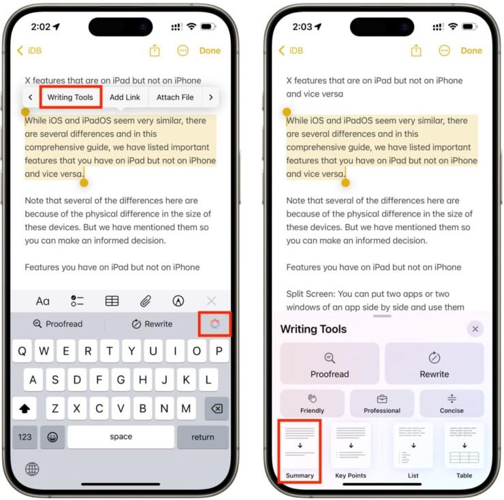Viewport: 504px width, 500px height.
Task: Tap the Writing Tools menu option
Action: click(x=70, y=97)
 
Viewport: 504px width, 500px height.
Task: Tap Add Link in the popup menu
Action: click(x=125, y=97)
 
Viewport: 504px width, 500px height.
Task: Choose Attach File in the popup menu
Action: click(x=175, y=97)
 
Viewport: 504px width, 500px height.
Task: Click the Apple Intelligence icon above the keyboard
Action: click(x=215, y=324)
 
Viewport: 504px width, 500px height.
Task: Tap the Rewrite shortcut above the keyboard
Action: click(x=153, y=324)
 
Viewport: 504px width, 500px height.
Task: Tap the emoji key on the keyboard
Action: click(x=52, y=437)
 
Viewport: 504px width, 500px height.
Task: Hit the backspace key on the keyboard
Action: click(x=217, y=408)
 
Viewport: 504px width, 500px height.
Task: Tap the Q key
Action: click(x=23, y=351)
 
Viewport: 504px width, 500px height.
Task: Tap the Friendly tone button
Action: click(x=313, y=403)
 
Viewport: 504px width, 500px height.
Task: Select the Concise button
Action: click(x=452, y=403)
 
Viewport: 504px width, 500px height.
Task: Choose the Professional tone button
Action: click(x=382, y=403)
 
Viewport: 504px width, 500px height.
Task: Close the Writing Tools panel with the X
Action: click(x=475, y=329)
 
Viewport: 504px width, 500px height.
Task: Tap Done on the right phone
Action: click(x=471, y=50)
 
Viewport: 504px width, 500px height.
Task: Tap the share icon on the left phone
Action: click(x=155, y=50)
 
